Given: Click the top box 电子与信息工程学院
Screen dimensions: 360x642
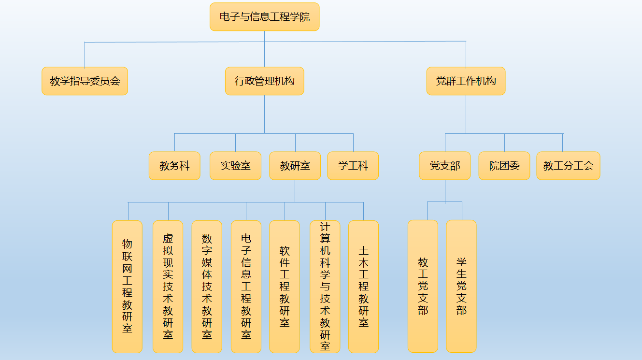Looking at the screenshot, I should coord(264,17).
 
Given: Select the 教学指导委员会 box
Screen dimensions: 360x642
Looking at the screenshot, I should coord(85,81).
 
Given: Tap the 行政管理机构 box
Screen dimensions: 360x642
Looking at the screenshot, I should coord(264,81).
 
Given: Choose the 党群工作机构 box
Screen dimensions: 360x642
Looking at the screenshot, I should coord(466,81).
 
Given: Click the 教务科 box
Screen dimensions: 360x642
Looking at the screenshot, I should coord(174,166).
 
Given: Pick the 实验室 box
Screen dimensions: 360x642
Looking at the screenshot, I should coord(235,166).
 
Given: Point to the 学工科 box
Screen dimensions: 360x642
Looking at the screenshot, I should coord(353,166).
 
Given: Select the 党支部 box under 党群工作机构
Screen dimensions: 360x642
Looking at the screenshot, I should coord(444,166).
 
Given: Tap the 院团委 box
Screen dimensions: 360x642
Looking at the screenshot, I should coord(504,166).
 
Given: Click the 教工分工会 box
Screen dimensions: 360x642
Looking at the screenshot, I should coord(568,166).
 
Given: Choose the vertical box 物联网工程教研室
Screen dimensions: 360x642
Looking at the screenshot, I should coord(127,287).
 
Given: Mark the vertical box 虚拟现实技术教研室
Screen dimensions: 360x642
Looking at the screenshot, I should coord(168,287).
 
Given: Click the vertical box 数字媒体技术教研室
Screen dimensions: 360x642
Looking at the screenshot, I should coord(207,287).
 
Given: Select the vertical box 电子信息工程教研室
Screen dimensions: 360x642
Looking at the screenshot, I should coord(246,287).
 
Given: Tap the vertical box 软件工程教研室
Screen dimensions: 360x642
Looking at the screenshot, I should coord(285,287).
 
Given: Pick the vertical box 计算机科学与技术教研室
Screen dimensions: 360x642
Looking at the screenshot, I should coord(325,287).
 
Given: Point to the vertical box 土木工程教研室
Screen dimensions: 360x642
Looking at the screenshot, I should coord(363,287).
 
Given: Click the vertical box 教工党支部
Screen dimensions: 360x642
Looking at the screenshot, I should coord(423,286).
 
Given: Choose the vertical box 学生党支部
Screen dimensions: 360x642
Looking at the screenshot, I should coord(461,286).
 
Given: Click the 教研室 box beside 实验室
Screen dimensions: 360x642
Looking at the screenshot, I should coord(295,166).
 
